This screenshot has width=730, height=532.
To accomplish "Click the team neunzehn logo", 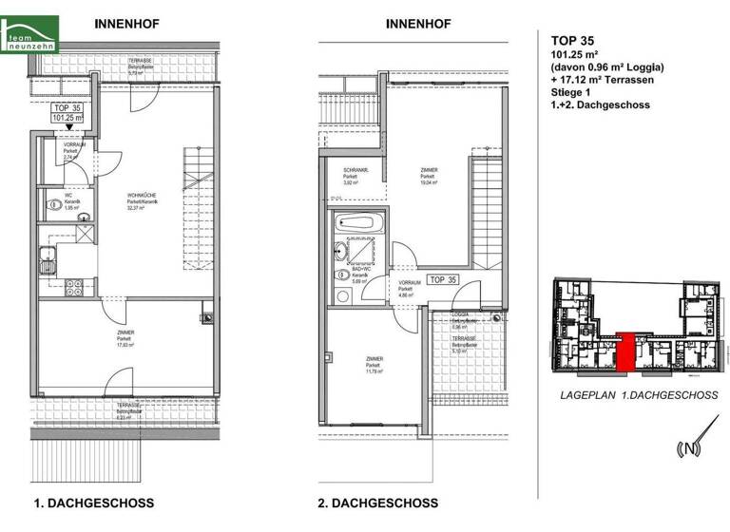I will tap(29, 38).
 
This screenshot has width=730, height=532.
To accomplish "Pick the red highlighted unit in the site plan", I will tap(625, 351).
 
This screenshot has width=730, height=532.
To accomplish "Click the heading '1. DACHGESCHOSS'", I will tap(93, 503).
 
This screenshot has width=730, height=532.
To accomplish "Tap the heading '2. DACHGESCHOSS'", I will tap(378, 503).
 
